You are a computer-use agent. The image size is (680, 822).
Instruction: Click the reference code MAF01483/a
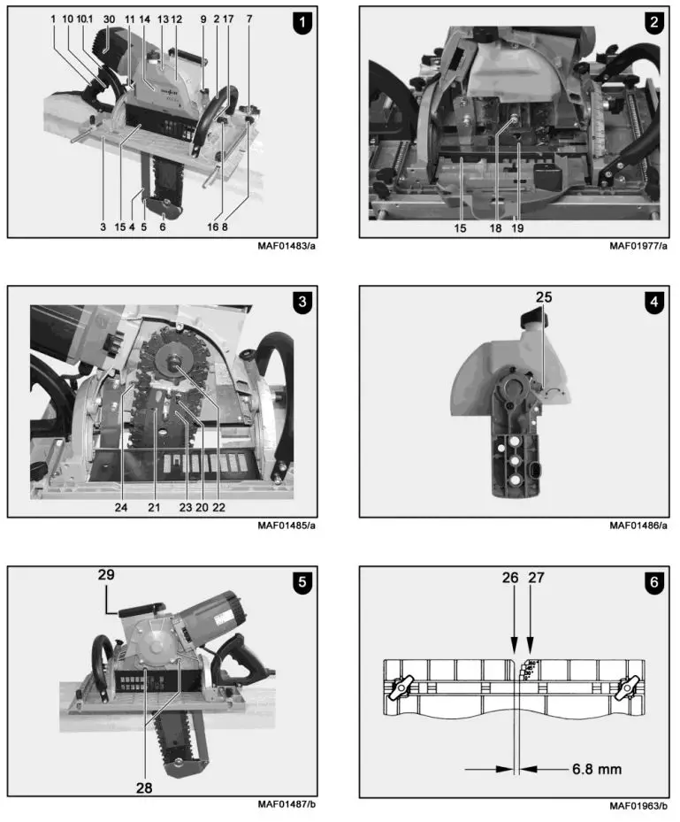click(286, 246)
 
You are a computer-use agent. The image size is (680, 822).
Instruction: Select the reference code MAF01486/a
click(638, 526)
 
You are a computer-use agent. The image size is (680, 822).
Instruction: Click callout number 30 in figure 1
click(109, 18)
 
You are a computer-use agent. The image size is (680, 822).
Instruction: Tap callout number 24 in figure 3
click(120, 507)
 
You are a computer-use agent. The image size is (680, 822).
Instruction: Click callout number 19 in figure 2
click(517, 227)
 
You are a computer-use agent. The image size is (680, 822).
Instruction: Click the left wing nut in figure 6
click(403, 685)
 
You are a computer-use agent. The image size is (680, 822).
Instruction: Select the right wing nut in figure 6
click(630, 685)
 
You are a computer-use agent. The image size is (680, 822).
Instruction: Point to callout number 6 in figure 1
click(162, 227)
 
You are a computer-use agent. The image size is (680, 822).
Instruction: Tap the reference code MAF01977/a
click(638, 246)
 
